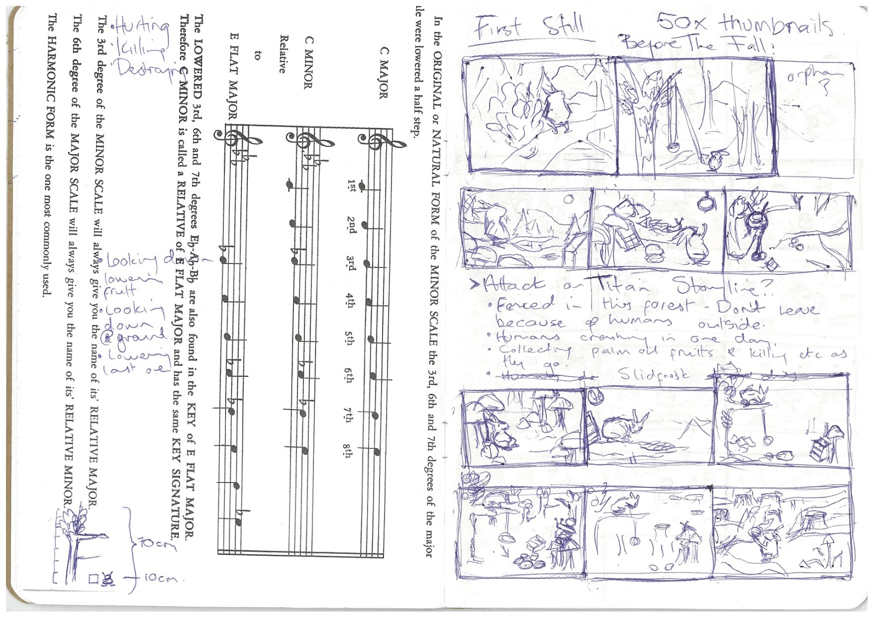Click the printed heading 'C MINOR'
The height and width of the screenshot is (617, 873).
[x=309, y=62]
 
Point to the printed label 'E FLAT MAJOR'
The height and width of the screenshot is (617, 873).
[x=234, y=76]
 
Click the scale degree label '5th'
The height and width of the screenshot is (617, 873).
[x=349, y=338]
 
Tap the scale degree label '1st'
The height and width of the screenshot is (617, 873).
[x=351, y=186]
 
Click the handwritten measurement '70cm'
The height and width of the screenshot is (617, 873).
[x=158, y=543]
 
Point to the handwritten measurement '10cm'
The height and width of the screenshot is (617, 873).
[x=161, y=578]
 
